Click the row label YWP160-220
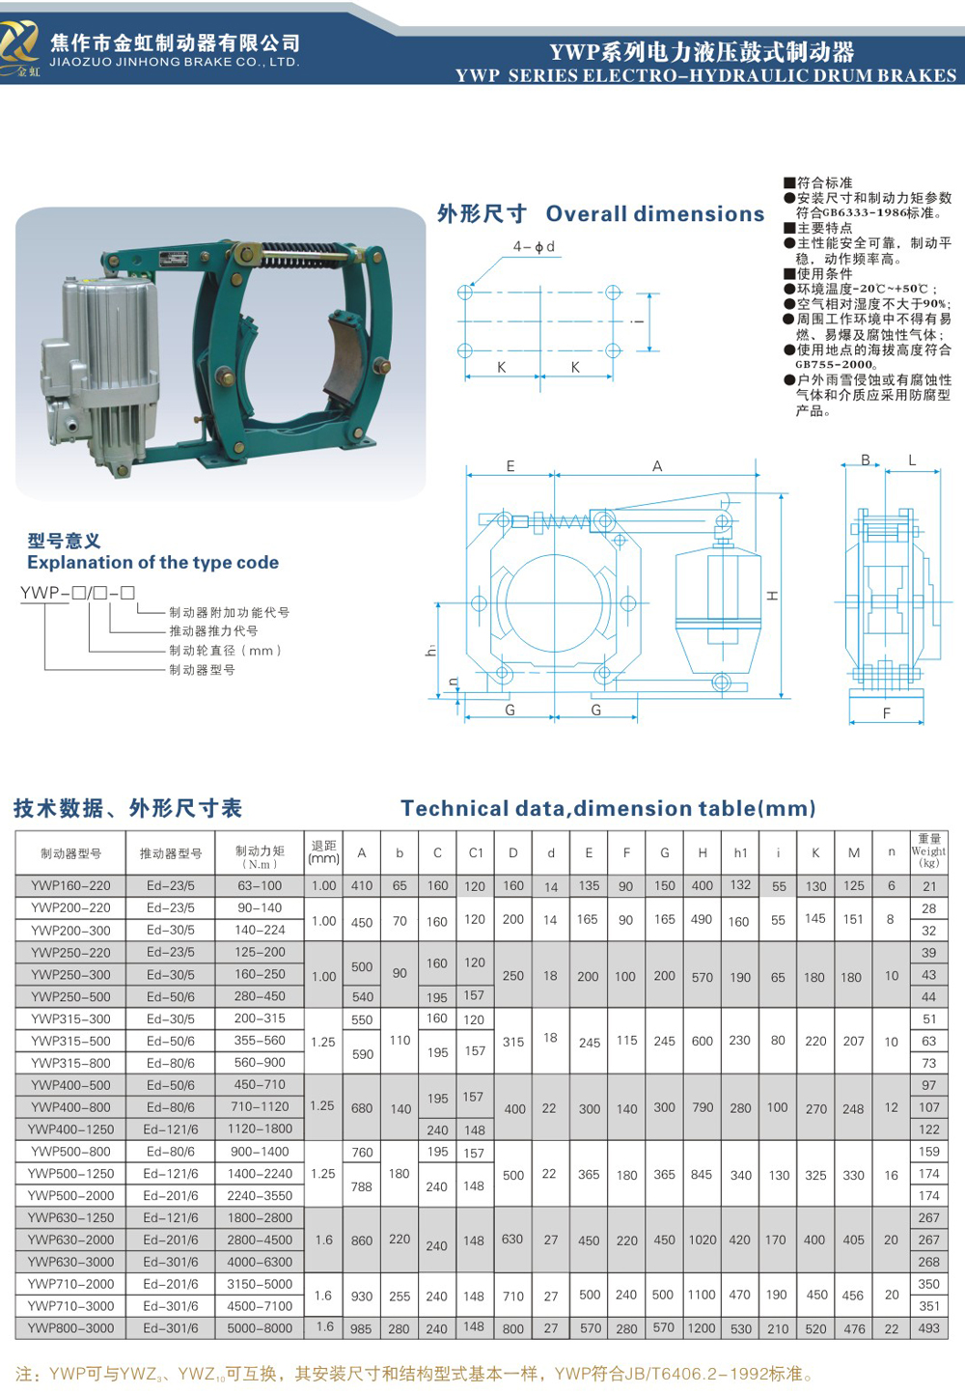tap(70, 885)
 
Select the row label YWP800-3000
tap(70, 1327)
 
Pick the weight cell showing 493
tap(928, 1327)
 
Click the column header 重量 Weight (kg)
tap(928, 851)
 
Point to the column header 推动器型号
tap(171, 853)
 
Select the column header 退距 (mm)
tap(323, 851)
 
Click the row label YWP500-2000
tap(70, 1195)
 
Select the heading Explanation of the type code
tap(152, 562)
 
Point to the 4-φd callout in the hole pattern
tap(534, 247)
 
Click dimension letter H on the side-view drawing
tap(772, 596)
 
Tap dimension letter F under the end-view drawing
tap(886, 713)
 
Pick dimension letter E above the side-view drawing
tap(510, 466)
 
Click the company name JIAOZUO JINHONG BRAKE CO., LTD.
tap(175, 62)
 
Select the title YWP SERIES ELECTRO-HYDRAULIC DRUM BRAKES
tap(705, 75)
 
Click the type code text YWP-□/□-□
tap(77, 593)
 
